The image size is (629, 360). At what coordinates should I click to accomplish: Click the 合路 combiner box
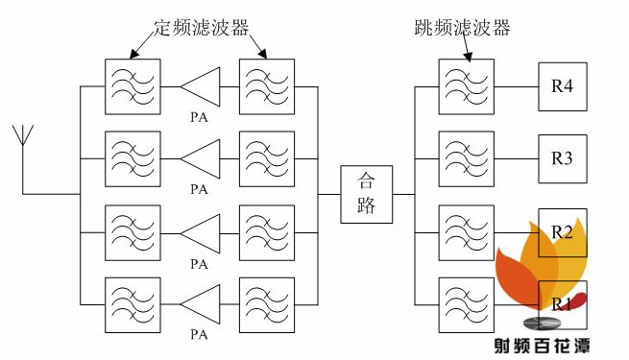pyautogui.click(x=366, y=194)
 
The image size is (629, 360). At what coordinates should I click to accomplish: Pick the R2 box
pyautogui.click(x=562, y=231)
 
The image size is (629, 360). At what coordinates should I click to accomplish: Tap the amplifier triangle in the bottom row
pyautogui.click(x=201, y=303)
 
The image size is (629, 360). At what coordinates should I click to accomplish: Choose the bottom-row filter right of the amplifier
pyautogui.click(x=267, y=303)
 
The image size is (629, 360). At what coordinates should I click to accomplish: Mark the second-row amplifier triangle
pyautogui.click(x=201, y=158)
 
